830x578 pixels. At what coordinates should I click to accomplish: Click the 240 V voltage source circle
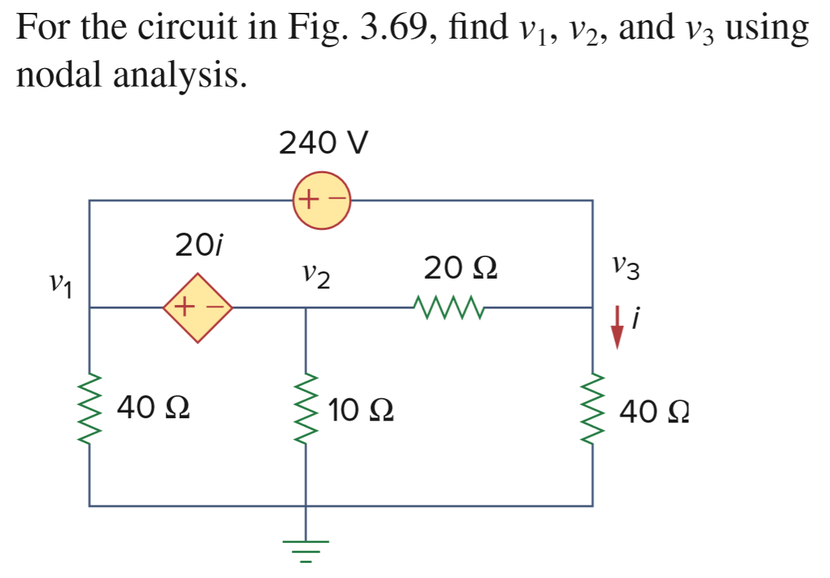[322, 201]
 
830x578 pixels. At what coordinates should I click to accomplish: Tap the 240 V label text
[323, 144]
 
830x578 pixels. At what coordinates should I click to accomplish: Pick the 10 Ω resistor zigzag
[307, 408]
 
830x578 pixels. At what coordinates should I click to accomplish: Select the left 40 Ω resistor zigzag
[90, 408]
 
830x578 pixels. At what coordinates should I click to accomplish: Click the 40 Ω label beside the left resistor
[154, 408]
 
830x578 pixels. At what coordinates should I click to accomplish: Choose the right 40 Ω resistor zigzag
[592, 408]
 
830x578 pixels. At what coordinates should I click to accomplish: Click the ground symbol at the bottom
[307, 548]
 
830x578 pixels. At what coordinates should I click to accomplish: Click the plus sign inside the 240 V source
[309, 199]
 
